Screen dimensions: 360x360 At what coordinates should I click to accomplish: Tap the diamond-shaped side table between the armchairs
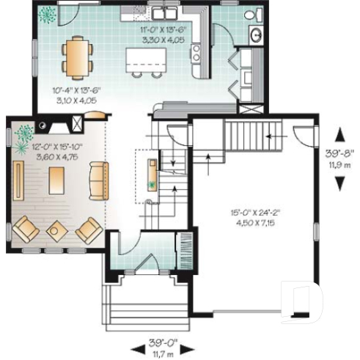pyautogui.click(x=56, y=230)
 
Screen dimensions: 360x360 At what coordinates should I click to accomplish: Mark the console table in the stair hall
pyautogui.click(x=151, y=173)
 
